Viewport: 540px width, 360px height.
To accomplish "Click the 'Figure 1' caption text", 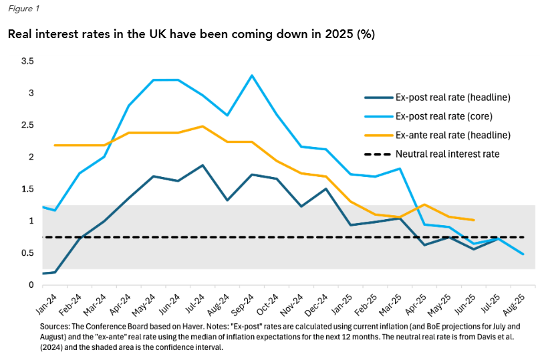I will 23,10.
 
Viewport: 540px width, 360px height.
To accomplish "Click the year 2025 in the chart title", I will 336,33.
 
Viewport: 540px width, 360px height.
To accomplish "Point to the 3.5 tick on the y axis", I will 28,61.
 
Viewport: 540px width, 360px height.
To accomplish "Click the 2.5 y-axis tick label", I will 28,125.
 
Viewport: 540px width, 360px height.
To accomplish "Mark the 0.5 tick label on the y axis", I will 28,253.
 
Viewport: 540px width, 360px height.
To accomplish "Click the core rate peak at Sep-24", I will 252,75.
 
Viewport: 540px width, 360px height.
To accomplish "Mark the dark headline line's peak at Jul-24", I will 202,165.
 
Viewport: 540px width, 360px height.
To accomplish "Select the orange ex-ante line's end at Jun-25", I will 474,220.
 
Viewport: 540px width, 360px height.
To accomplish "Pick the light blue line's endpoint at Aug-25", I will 523,254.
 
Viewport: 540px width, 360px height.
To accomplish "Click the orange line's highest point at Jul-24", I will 202,126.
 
